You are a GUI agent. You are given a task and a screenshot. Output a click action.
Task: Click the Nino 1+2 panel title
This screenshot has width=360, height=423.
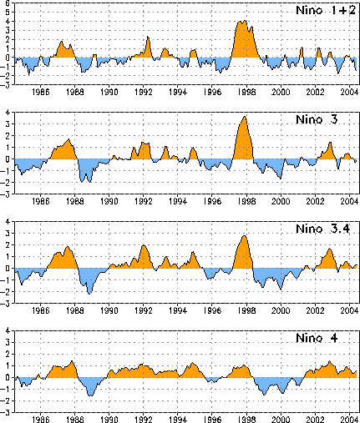coord(326,10)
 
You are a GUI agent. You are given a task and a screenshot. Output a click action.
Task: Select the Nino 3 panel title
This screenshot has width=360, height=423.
coord(317,119)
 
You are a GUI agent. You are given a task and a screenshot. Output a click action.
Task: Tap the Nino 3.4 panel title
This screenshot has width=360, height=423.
coord(322,229)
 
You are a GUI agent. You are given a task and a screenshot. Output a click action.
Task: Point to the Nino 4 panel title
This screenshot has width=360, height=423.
coord(317,338)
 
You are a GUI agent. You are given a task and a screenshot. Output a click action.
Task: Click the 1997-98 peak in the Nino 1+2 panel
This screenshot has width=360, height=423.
coord(245,21)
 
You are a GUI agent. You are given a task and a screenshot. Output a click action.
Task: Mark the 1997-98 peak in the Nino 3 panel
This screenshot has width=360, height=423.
coord(245,117)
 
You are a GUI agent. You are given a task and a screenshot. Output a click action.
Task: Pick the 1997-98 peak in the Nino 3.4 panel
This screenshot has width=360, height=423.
coord(244,236)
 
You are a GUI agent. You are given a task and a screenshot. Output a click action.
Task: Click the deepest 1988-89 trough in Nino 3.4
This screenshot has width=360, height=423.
coord(89,294)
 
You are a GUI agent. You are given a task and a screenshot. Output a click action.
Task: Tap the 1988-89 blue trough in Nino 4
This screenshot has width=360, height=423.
coord(90,395)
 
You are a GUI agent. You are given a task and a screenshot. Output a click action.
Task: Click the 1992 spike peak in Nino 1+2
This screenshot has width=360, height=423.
coord(148,37)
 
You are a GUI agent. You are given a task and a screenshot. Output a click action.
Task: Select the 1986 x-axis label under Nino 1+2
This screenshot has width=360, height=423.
coord(41,92)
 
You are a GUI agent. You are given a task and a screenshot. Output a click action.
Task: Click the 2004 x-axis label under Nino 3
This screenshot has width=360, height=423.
coord(349,201)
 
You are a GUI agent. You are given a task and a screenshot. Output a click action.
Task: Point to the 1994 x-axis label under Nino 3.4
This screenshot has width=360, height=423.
coord(178,310)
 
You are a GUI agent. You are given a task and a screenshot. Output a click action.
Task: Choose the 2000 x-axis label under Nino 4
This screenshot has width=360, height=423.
coord(281,420)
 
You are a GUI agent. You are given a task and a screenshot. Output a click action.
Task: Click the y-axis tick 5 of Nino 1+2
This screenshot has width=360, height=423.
coord(8,13)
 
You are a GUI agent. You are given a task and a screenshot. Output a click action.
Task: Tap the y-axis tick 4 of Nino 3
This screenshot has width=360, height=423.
coord(8,113)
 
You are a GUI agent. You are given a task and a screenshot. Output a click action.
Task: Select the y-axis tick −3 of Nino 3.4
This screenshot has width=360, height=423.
coord(6,304)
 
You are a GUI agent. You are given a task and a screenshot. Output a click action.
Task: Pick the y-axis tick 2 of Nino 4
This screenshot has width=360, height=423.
coord(8,355)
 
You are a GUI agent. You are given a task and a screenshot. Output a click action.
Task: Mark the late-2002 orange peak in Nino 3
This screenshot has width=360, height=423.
coord(330,143)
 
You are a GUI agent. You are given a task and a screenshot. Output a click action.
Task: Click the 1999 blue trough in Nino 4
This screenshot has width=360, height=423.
coord(264,395)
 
